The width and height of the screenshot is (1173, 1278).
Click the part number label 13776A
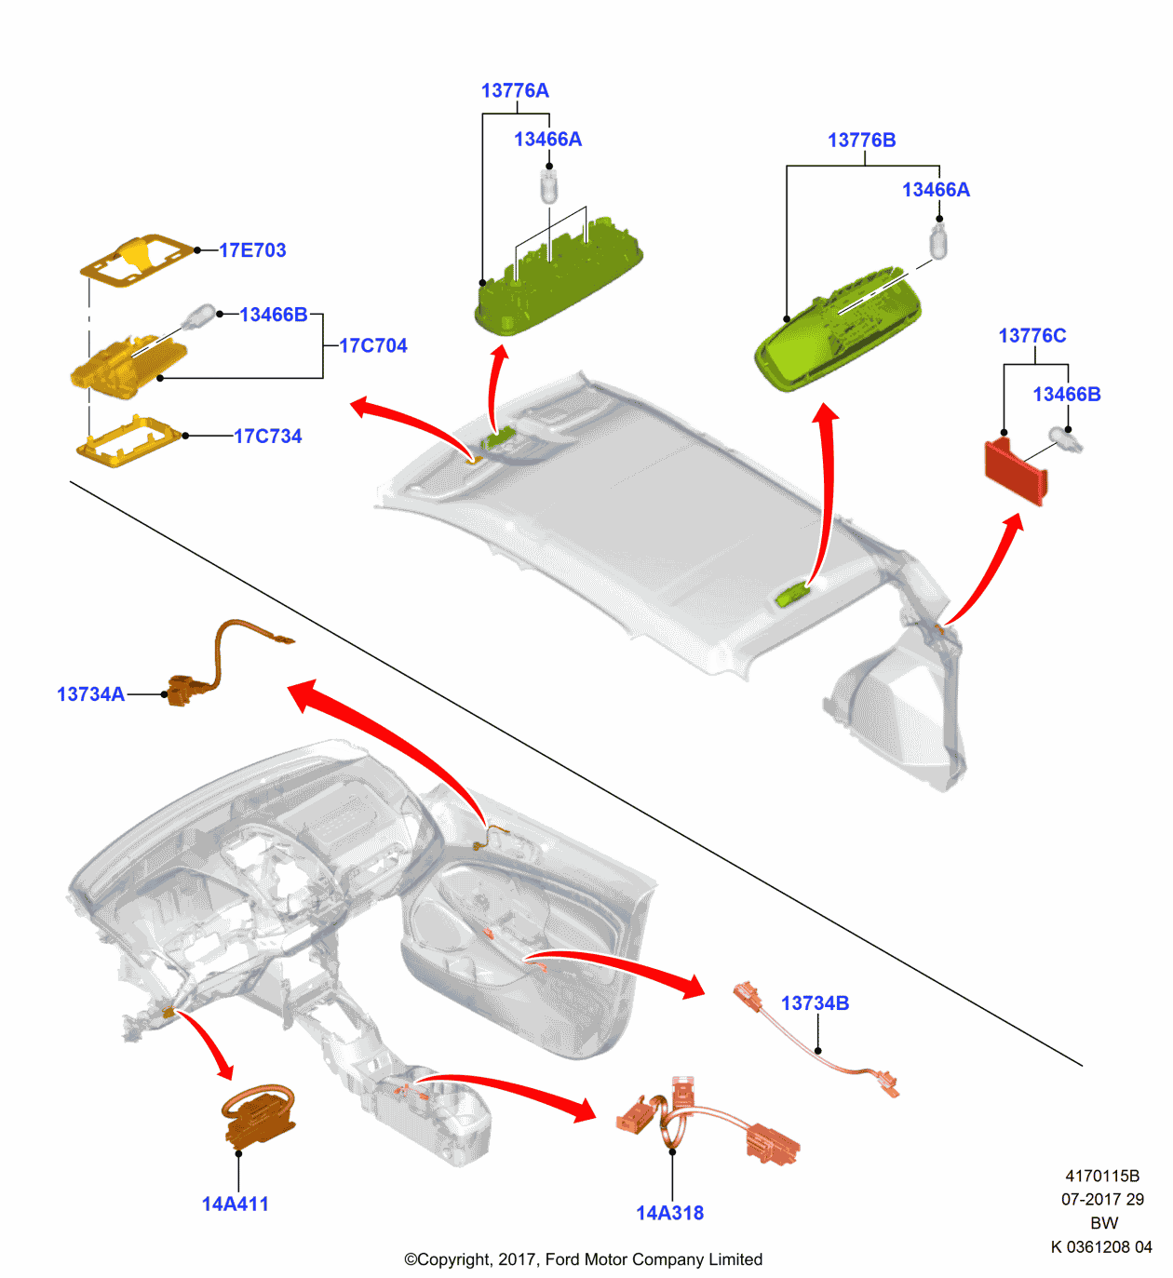coord(515,90)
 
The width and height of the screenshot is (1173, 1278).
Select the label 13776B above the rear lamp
coord(861,141)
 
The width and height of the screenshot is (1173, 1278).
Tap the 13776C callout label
coord(1031,336)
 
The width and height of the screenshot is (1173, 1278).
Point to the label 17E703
coord(252,250)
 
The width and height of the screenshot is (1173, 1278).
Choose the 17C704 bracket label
coord(373,346)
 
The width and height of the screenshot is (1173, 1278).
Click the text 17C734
coord(267,437)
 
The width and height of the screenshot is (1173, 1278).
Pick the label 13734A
coord(90,694)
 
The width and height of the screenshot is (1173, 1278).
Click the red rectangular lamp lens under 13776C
coord(1016,472)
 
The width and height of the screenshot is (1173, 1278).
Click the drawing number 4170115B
coord(1102,1177)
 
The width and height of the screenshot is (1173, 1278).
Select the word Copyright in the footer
coord(455,1259)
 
